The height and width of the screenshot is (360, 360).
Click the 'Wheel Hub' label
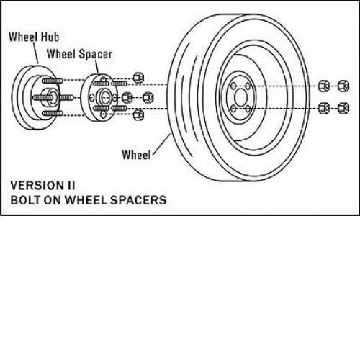34,37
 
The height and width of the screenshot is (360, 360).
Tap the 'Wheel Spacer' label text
79,54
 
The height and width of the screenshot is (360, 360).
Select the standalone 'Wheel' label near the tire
137,155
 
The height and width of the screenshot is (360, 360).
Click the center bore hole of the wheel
240,97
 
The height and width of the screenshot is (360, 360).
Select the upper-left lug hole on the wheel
233,86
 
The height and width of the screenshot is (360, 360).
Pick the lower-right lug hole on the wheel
248,109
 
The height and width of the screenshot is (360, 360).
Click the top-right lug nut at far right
343,86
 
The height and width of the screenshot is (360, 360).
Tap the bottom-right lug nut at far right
343,108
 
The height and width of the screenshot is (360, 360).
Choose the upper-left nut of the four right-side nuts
324,86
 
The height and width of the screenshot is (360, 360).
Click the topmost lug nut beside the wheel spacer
138,78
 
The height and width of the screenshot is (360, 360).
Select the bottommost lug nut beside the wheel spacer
138,114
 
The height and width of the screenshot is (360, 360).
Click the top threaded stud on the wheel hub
53,81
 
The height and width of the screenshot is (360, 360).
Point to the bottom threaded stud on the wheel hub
53,113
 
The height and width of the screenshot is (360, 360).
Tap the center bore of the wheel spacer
105,97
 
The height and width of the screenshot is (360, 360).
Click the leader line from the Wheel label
161,144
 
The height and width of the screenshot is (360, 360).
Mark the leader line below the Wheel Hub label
36,53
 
